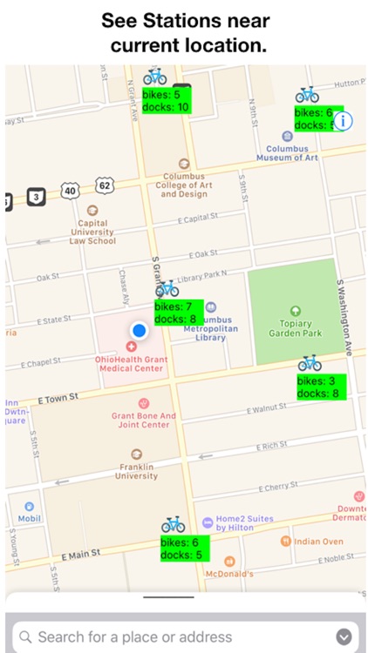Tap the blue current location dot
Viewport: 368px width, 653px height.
tap(139, 331)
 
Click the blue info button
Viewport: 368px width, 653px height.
tap(344, 121)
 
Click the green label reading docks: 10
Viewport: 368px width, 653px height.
tap(165, 106)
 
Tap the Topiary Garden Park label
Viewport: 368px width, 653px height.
tap(295, 326)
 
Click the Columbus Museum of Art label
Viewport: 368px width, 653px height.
tap(287, 153)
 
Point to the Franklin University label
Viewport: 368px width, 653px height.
tap(137, 471)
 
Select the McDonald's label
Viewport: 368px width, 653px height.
tap(228, 573)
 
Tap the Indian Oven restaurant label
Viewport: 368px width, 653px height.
tap(317, 542)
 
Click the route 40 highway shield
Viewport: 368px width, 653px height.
tap(71, 190)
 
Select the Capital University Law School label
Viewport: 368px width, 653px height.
tap(93, 232)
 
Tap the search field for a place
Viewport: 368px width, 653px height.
tap(174, 636)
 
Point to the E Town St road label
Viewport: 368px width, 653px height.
tap(58, 397)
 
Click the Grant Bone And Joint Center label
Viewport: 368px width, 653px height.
tap(144, 421)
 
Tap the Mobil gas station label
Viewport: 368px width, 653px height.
tap(30, 518)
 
